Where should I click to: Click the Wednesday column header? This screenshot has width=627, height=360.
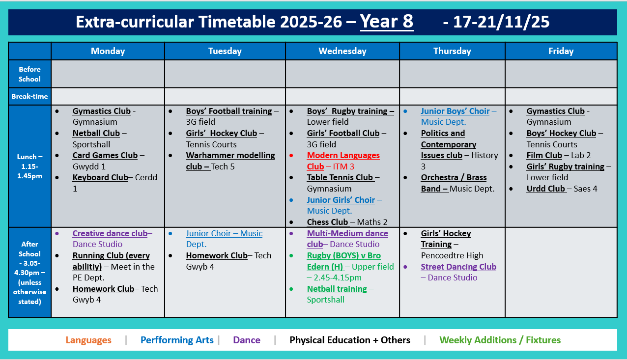coord(342,51)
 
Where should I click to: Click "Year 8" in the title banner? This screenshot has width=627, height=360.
coord(387,22)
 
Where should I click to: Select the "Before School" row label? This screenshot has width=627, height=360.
coord(29,74)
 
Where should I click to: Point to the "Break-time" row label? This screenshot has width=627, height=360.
coord(29,96)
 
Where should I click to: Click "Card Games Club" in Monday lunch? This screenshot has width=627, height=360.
coord(105,155)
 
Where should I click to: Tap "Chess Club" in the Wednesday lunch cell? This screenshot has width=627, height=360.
coord(327,222)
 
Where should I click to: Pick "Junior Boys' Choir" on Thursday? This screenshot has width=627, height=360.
coord(455,111)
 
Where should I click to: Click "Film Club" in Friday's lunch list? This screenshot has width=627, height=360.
coord(544,155)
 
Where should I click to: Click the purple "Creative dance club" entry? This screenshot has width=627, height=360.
coord(110,233)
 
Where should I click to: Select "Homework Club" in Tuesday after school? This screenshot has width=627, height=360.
coord(217,255)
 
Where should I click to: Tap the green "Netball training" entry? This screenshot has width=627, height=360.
coord(337,289)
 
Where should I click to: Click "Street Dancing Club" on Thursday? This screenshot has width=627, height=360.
coord(458,267)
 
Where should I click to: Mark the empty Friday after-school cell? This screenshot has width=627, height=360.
coord(561,272)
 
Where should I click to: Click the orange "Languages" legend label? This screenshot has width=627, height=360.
coord(88,340)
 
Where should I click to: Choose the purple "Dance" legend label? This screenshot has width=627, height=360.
coord(247,340)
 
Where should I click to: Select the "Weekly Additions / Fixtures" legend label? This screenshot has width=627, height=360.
coord(500,340)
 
